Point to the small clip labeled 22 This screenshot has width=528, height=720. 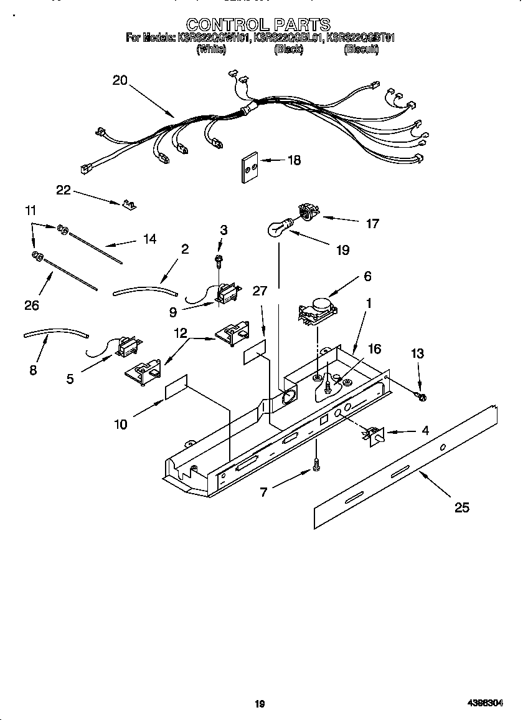click(130, 204)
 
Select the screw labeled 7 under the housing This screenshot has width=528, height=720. click(317, 464)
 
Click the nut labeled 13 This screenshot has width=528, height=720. click(421, 396)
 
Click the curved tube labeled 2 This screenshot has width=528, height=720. click(145, 289)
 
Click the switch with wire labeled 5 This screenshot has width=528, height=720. click(128, 346)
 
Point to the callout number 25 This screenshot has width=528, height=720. click(461, 507)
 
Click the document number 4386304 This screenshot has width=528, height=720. click(485, 703)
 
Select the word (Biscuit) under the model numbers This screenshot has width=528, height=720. click(361, 50)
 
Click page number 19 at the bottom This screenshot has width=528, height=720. click(260, 704)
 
